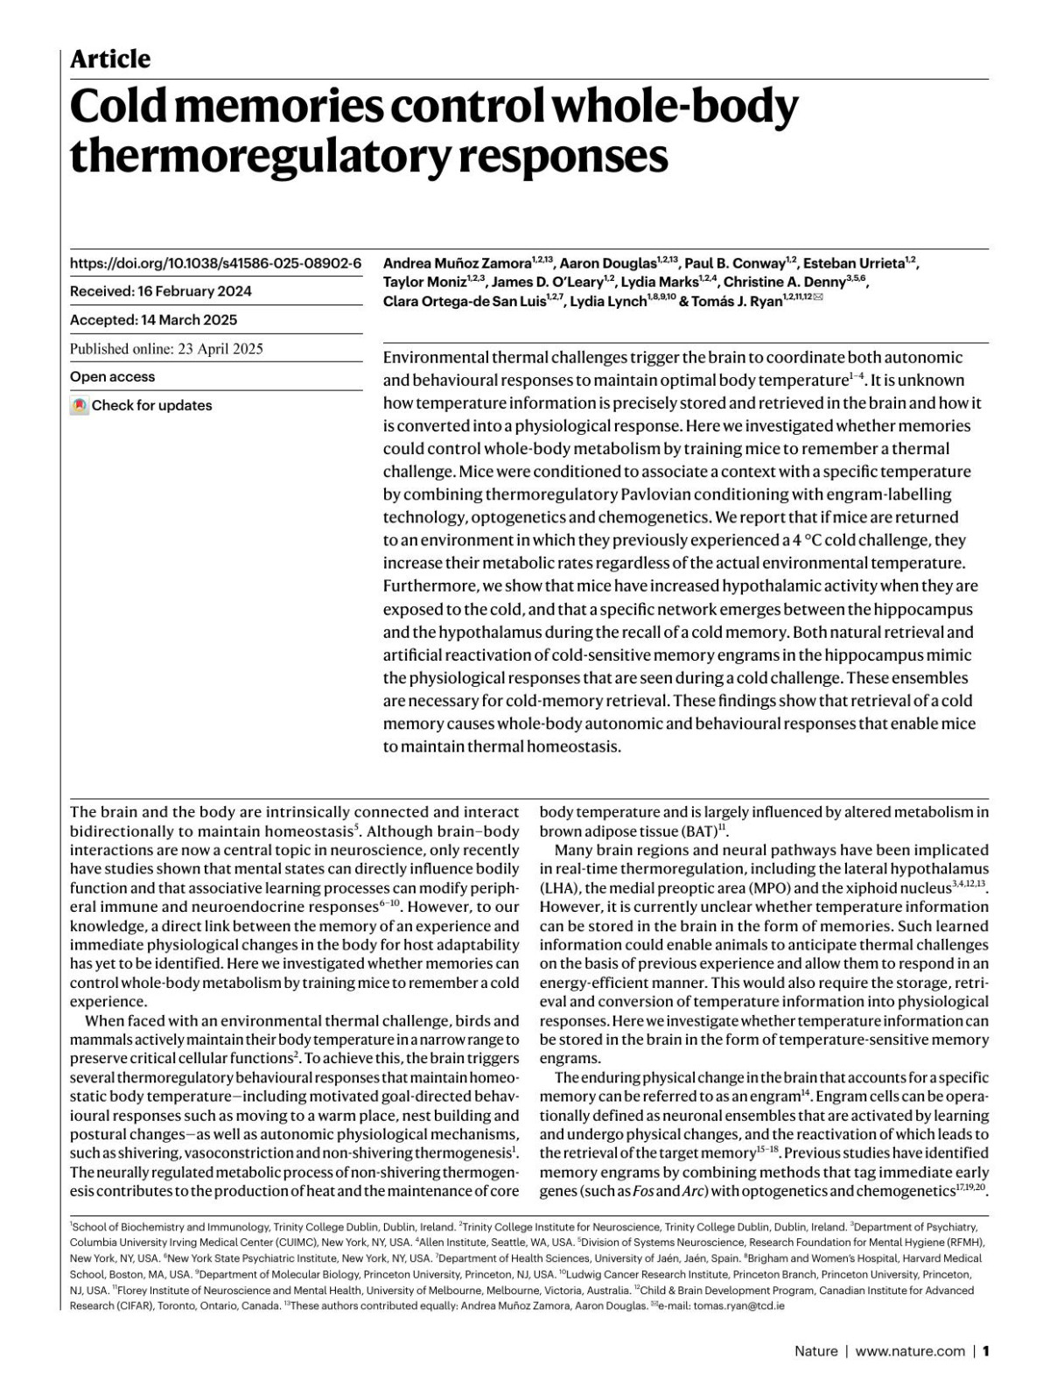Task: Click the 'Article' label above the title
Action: tap(110, 60)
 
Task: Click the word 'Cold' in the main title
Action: tap(122, 108)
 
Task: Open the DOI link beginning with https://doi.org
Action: tap(215, 263)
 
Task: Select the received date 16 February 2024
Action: tap(193, 291)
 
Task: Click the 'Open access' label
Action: tap(112, 377)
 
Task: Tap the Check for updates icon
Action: tap(80, 406)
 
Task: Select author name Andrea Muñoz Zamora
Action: tap(457, 263)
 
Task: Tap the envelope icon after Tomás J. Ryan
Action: tap(818, 298)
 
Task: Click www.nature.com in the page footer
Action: tap(910, 1351)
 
